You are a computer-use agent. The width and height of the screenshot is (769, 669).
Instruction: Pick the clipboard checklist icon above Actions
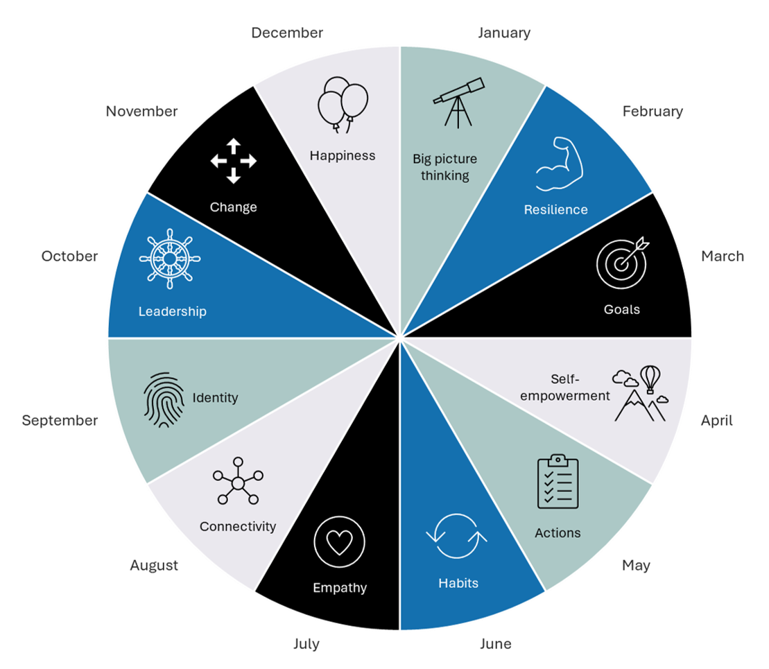558,481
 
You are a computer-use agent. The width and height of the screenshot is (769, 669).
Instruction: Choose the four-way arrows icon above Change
234,161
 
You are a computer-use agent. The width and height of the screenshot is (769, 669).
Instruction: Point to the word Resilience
555,210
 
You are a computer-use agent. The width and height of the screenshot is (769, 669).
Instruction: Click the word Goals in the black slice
621,309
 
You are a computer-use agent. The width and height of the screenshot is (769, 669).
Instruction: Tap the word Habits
458,583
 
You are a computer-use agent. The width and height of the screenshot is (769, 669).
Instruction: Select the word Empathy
339,588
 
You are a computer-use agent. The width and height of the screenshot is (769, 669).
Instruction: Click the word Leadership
172,311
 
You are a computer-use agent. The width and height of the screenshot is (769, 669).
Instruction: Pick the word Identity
215,398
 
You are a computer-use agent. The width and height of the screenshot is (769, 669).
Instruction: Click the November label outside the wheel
141,111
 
